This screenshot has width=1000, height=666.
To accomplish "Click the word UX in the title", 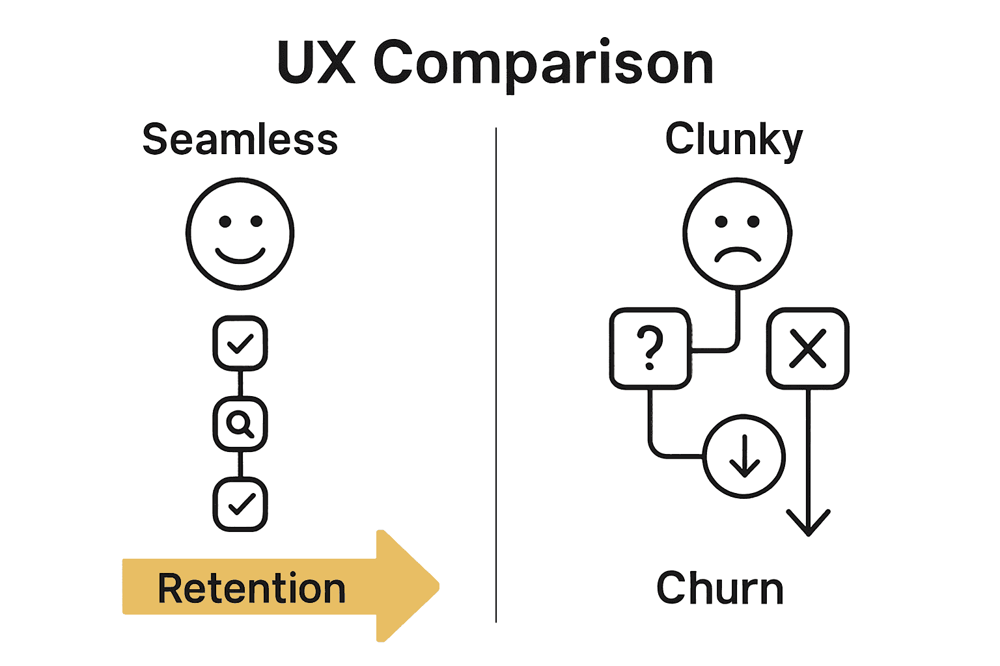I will point(316,63).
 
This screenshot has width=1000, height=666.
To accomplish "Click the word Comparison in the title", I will point(544,65).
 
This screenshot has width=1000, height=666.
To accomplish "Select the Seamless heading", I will point(240,139).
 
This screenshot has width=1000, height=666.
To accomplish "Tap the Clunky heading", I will point(734,139).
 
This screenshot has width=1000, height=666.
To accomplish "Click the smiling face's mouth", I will point(240,255).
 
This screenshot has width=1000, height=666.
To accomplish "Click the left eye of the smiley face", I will point(225,222).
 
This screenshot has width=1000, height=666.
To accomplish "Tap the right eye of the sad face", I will point(753,222).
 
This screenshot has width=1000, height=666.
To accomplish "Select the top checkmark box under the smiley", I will point(240,343).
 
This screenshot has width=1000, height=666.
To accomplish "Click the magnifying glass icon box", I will point(240,423).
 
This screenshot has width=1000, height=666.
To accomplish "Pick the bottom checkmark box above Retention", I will point(240,504).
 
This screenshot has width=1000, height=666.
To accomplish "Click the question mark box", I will point(650,349).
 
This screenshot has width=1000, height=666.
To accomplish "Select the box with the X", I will point(807,349).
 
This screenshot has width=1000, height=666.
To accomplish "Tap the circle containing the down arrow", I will point(744,456).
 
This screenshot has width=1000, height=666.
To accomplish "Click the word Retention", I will point(251,589).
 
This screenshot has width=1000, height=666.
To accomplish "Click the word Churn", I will point(719,589).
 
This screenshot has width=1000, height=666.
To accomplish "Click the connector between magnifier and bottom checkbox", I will point(240,464).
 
